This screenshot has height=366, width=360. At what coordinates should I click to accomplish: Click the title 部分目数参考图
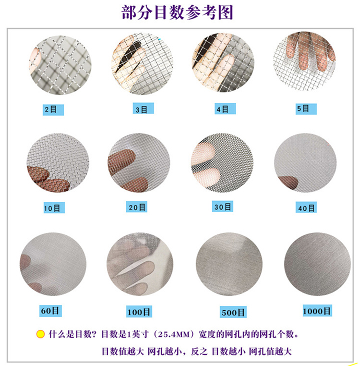tap(177, 12)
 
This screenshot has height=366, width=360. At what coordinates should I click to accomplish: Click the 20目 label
tap(135, 207)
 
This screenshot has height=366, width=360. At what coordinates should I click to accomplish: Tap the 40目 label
tap(305, 207)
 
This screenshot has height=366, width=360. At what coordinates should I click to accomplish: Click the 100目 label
tap(139, 312)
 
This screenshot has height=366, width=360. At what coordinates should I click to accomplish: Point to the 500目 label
tap(233, 313)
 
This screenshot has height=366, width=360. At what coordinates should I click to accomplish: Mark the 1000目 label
tap(316, 311)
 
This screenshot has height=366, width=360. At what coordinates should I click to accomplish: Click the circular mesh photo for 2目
tap(60, 65)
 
